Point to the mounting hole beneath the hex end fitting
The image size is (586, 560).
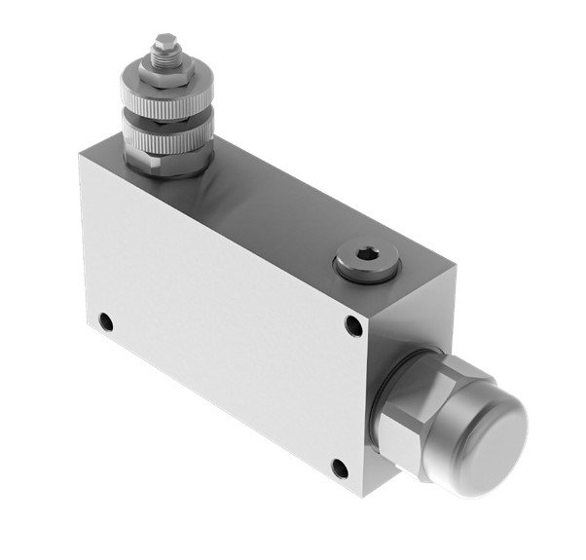click(339, 468)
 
